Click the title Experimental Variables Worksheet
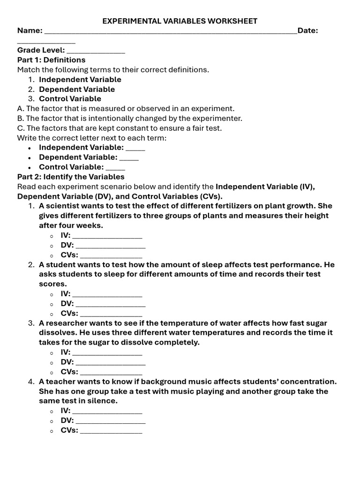click(180, 21)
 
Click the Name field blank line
click(170, 32)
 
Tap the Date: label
click(307, 30)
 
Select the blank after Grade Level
click(96, 51)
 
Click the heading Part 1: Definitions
click(52, 60)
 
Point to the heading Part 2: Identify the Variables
click(71, 177)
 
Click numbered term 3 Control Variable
click(70, 99)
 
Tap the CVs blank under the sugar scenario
click(111, 373)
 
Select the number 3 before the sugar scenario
click(31, 323)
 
